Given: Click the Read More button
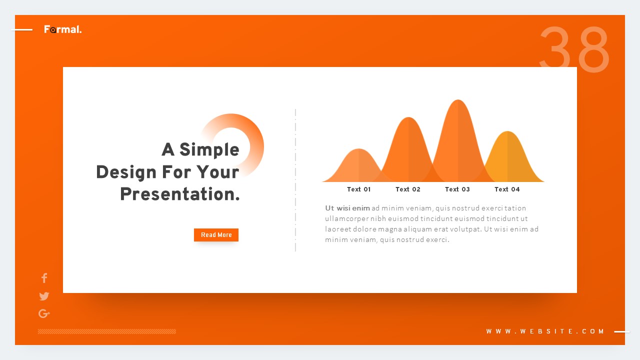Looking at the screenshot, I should click(216, 235).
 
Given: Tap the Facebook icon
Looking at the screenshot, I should click(44, 278).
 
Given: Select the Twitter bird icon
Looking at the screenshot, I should click(44, 296).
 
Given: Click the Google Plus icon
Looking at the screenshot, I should click(44, 314).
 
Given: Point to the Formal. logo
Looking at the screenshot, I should click(62, 29).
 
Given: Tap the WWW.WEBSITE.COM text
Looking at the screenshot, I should click(545, 331).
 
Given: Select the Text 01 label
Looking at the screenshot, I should click(359, 189).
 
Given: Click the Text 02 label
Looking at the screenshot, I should click(408, 189).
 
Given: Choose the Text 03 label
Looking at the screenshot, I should click(457, 189).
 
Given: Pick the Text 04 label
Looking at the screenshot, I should click(507, 189).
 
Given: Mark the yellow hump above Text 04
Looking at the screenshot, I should click(508, 157).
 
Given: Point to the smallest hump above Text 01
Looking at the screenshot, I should click(358, 165).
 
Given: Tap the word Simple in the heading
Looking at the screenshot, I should click(209, 149).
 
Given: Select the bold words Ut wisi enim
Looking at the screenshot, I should click(347, 208).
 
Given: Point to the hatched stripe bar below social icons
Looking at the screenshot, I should click(107, 331).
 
